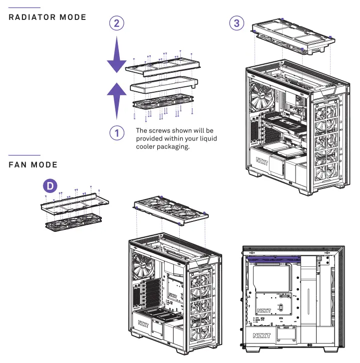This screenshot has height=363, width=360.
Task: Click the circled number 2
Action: point(116,23)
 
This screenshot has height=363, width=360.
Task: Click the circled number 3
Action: point(237,23)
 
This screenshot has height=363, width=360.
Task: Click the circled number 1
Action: point(116,133)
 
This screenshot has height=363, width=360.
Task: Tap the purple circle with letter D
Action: point(49,186)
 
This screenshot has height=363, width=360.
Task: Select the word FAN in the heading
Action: point(18,165)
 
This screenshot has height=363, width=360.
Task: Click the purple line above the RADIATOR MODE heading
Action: point(25,7)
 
